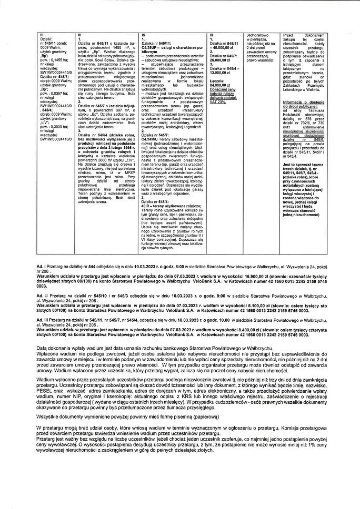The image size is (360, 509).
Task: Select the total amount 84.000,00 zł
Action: tap(222, 84)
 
